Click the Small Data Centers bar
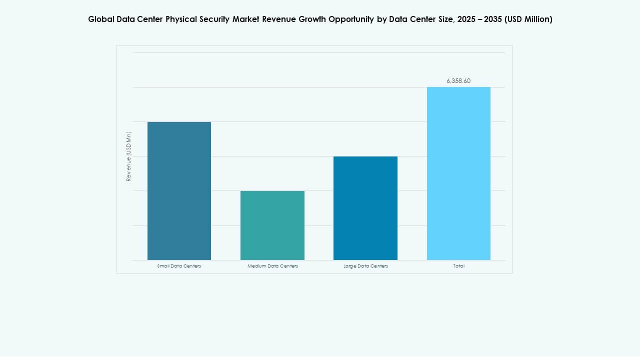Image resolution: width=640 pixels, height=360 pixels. (179, 191)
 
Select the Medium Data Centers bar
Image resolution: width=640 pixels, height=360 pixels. (272, 225)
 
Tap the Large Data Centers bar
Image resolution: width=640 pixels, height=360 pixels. (365, 208)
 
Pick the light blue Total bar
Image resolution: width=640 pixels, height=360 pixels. (458, 173)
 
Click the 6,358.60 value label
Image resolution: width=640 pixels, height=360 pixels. (458, 80)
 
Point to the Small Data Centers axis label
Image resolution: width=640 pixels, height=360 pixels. (179, 266)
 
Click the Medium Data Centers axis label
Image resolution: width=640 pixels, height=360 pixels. (272, 266)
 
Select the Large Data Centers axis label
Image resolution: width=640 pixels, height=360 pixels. (365, 266)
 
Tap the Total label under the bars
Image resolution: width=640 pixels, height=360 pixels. (458, 266)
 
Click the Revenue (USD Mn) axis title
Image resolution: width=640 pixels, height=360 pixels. (128, 156)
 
